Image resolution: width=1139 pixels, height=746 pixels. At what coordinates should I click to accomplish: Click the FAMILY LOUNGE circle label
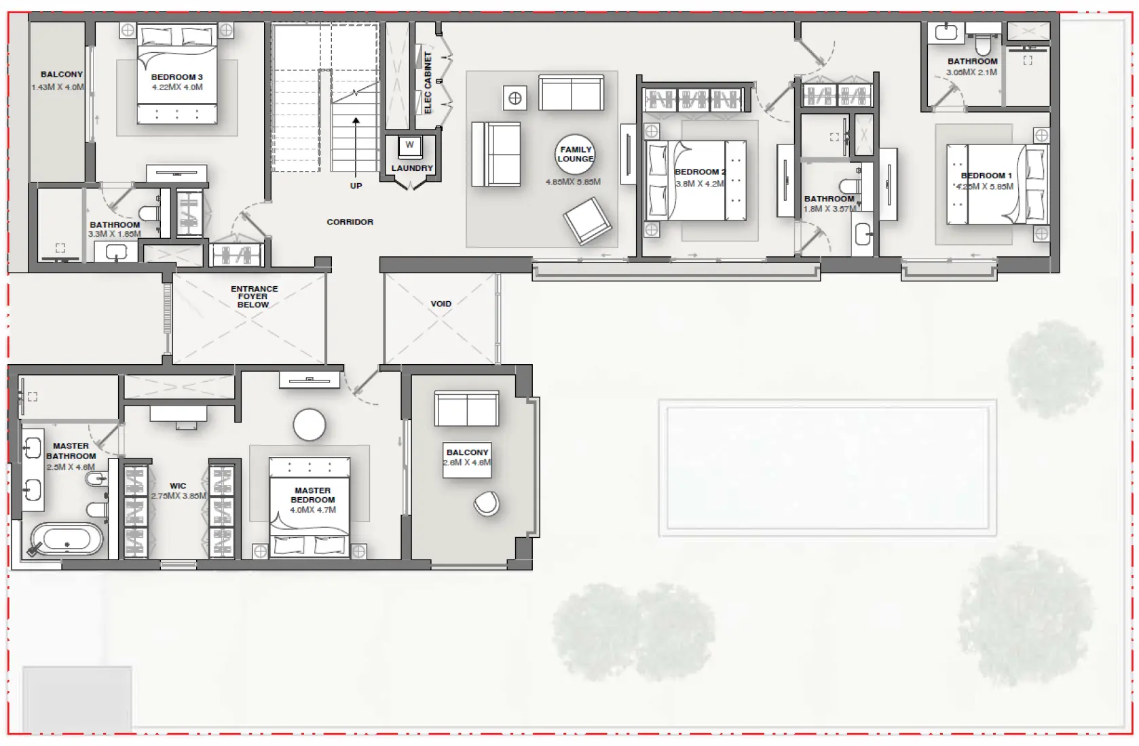click(x=575, y=154)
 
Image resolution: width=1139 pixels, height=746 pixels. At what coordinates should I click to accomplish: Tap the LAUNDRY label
click(x=412, y=168)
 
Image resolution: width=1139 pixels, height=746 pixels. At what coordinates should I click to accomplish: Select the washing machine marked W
click(x=409, y=145)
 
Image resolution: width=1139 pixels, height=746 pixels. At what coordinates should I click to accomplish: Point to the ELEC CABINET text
click(x=428, y=83)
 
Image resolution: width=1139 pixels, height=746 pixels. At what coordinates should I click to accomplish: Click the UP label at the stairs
click(x=356, y=186)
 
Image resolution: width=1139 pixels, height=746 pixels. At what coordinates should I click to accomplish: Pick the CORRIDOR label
click(x=350, y=222)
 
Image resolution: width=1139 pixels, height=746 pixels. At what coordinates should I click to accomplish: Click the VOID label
click(x=441, y=304)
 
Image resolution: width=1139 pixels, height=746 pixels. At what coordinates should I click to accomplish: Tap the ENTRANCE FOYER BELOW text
click(x=254, y=297)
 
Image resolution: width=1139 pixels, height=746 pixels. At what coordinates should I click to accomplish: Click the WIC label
click(x=178, y=486)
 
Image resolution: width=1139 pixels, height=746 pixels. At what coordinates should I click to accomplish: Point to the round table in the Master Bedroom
click(x=310, y=425)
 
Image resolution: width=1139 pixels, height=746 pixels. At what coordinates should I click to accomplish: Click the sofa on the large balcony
click(x=466, y=408)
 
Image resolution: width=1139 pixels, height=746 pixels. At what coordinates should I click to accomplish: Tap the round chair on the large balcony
click(x=487, y=503)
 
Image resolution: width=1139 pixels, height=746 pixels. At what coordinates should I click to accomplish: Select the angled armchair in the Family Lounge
click(x=587, y=220)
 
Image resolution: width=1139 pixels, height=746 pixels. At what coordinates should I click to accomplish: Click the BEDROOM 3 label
click(x=176, y=77)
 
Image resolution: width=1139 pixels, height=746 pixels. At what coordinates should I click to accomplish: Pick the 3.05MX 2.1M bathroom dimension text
click(x=971, y=72)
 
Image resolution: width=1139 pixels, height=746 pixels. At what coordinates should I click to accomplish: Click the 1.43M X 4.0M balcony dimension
click(x=58, y=87)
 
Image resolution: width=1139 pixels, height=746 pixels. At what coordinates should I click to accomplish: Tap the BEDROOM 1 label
click(x=986, y=176)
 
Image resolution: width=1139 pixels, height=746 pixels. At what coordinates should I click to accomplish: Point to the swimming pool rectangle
click(x=827, y=467)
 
